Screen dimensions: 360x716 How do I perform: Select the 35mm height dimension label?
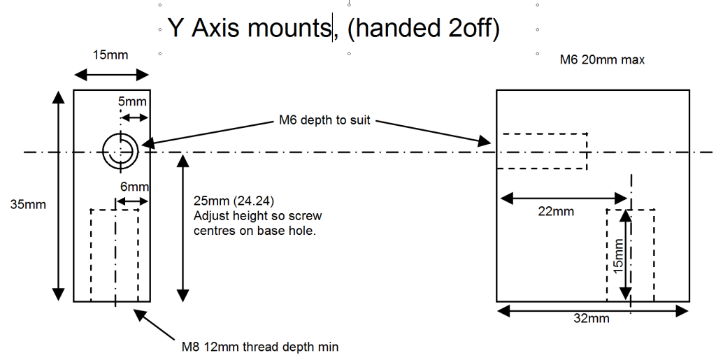pyautogui.click(x=27, y=205)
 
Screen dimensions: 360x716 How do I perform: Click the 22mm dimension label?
pyautogui.click(x=557, y=211)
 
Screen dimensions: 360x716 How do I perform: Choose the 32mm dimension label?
pyautogui.click(x=591, y=319)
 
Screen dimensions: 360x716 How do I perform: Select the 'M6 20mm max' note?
pyautogui.click(x=602, y=60)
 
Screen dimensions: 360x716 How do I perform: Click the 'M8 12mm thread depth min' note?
pyautogui.click(x=260, y=346)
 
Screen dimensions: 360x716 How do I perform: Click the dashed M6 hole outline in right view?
pyautogui.click(x=542, y=151)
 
